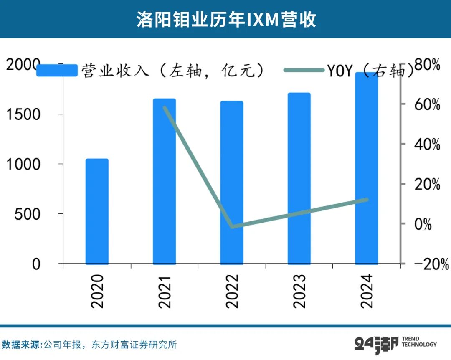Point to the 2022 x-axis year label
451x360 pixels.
point(231,291)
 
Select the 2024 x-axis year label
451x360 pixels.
point(366,291)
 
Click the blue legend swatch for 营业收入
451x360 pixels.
point(57,70)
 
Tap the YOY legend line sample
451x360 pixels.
point(304,70)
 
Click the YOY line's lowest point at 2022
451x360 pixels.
point(232,227)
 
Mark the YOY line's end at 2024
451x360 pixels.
point(366,200)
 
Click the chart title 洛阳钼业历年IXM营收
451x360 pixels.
point(226,19)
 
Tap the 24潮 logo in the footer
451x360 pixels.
point(374,345)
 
